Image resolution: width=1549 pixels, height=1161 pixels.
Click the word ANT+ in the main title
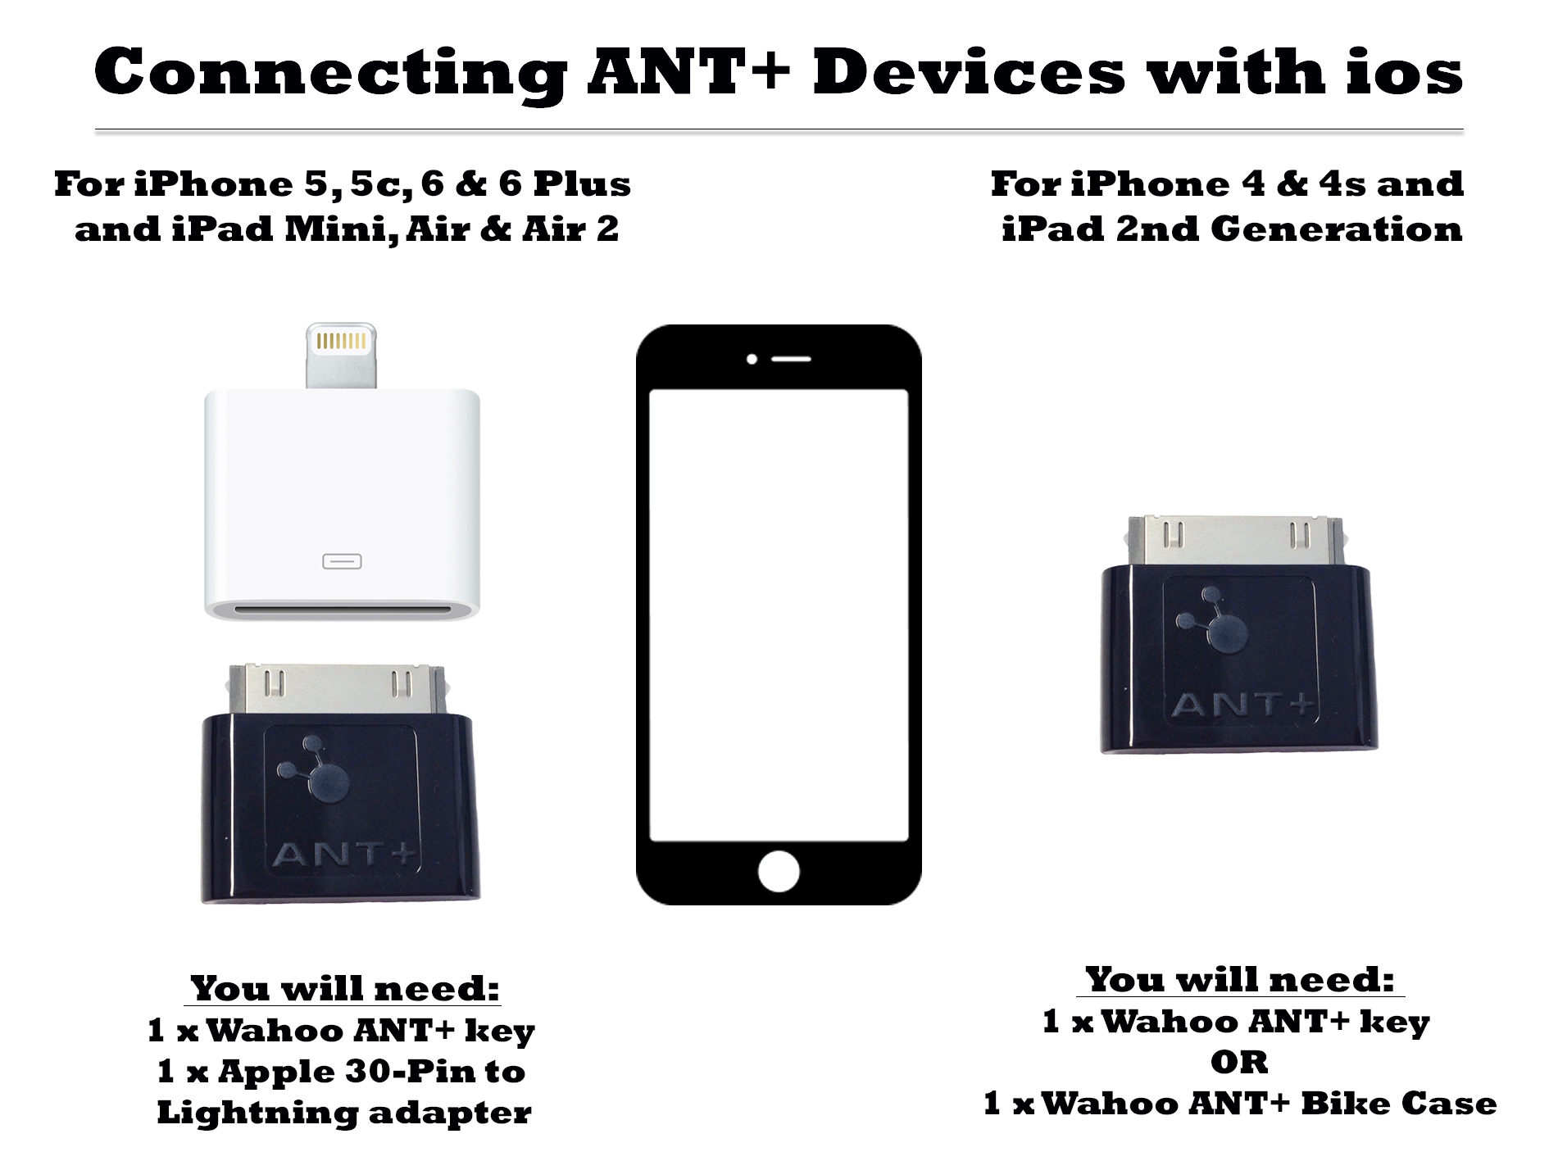coord(689,71)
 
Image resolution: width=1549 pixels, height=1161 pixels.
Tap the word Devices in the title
coord(970,71)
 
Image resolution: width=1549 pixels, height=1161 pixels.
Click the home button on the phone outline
coord(779,871)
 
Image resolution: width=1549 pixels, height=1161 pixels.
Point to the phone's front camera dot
coord(752,360)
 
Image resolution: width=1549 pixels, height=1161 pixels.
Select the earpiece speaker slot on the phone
coord(791,360)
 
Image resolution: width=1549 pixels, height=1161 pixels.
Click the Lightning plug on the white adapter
coord(341,356)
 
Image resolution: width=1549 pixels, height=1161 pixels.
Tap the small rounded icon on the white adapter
coord(342,561)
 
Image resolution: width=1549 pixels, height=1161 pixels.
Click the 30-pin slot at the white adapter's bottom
coord(342,610)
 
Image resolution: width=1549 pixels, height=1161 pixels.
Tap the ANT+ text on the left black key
coord(345,855)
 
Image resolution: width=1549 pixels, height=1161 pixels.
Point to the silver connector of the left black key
coord(338,689)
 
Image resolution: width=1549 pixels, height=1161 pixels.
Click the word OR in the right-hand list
coord(1239,1063)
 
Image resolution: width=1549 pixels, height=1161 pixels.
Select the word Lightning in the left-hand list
coord(257,1113)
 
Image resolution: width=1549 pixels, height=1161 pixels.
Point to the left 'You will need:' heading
coord(345,989)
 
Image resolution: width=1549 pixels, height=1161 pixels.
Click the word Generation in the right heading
coord(1336,229)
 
